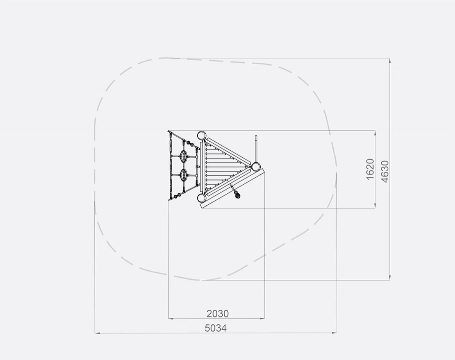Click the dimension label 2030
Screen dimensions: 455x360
coord(218,314)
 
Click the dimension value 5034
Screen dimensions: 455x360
coord(216,328)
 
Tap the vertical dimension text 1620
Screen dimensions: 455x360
coord(370,169)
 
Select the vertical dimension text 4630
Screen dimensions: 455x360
coord(384,172)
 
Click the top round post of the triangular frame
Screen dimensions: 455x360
coord(201,136)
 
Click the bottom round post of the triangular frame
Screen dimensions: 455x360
coord(201,198)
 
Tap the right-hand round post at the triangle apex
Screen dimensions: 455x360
coord(256,167)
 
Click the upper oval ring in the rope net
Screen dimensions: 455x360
coord(183,156)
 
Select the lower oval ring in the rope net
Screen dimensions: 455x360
coord(183,175)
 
